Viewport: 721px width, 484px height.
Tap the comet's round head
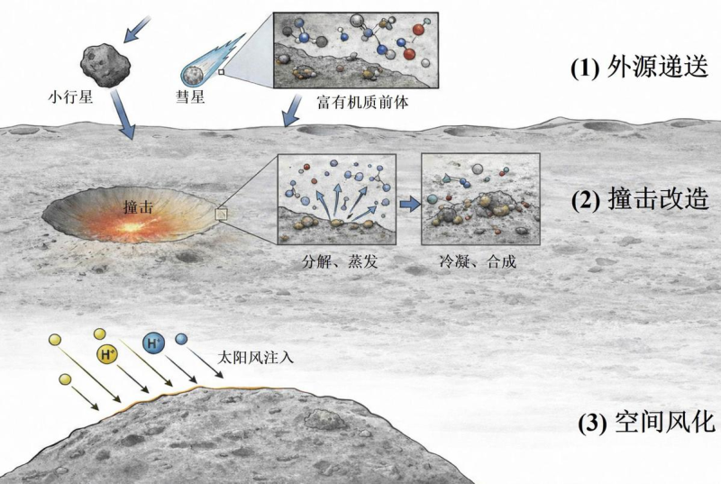pyautogui.click(x=194, y=73)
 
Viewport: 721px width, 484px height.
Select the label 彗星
pyautogui.click(x=192, y=95)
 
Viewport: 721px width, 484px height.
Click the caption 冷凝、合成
pyautogui.click(x=481, y=265)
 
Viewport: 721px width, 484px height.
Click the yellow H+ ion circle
pyautogui.click(x=107, y=356)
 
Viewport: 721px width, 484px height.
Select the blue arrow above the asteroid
pyautogui.click(x=137, y=28)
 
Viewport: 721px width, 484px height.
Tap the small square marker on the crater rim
pyautogui.click(x=222, y=213)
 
